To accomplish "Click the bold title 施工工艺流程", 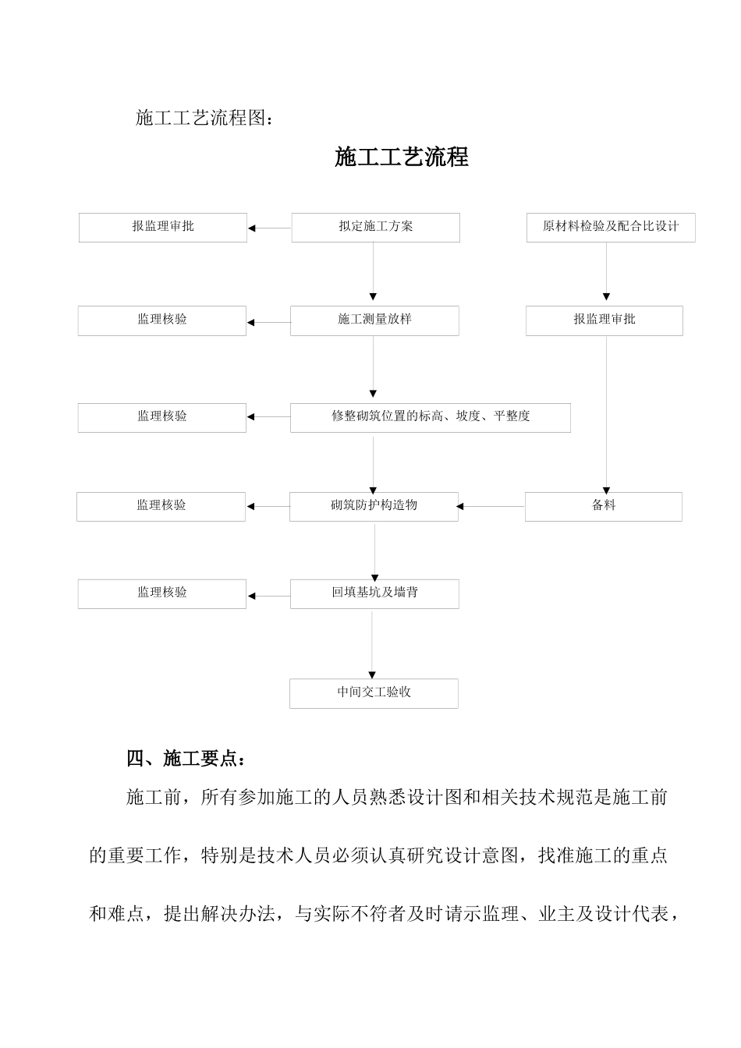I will point(401,157).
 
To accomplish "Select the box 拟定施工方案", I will point(375,227).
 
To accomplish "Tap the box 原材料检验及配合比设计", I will point(610,227).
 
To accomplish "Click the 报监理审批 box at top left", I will point(162,227).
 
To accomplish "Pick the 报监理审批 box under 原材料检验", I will point(604,320).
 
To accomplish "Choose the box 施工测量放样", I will point(374,320).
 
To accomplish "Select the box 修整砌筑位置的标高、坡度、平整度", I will point(430,417).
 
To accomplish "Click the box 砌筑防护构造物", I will point(374,506).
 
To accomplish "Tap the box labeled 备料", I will point(603,506).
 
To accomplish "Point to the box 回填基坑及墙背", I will point(374,593).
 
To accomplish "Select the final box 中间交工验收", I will point(374,693).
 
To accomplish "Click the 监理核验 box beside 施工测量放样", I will point(161,320).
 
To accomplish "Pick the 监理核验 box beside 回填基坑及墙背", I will point(161,593).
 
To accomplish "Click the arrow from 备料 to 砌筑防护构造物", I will point(491,507).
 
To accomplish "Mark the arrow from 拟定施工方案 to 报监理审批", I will point(269,228).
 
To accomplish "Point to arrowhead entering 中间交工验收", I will point(372,674).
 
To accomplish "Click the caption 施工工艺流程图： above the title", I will point(205,118).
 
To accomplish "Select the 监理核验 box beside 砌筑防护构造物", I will point(161,506).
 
